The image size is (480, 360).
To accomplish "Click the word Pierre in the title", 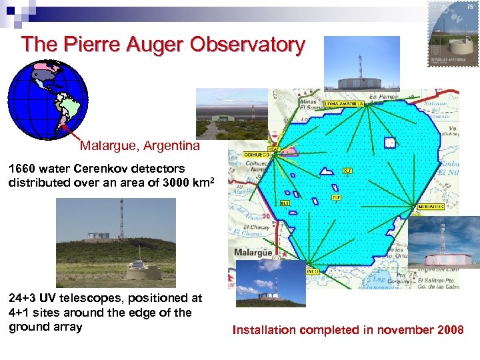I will tap(92, 45).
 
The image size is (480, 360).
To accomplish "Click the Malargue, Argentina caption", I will tap(139, 145).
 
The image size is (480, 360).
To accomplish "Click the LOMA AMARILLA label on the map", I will tap(344, 104).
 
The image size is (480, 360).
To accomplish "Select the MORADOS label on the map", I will tap(431, 207).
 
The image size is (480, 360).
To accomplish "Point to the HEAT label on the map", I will tap(273, 149).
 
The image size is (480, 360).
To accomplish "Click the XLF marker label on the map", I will tap(347, 170).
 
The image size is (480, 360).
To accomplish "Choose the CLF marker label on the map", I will tap(337, 197).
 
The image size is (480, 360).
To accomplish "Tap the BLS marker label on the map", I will tap(284, 202).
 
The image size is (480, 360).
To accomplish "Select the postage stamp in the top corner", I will tap(453, 33).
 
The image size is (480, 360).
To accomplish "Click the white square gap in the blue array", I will tap(390, 143).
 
